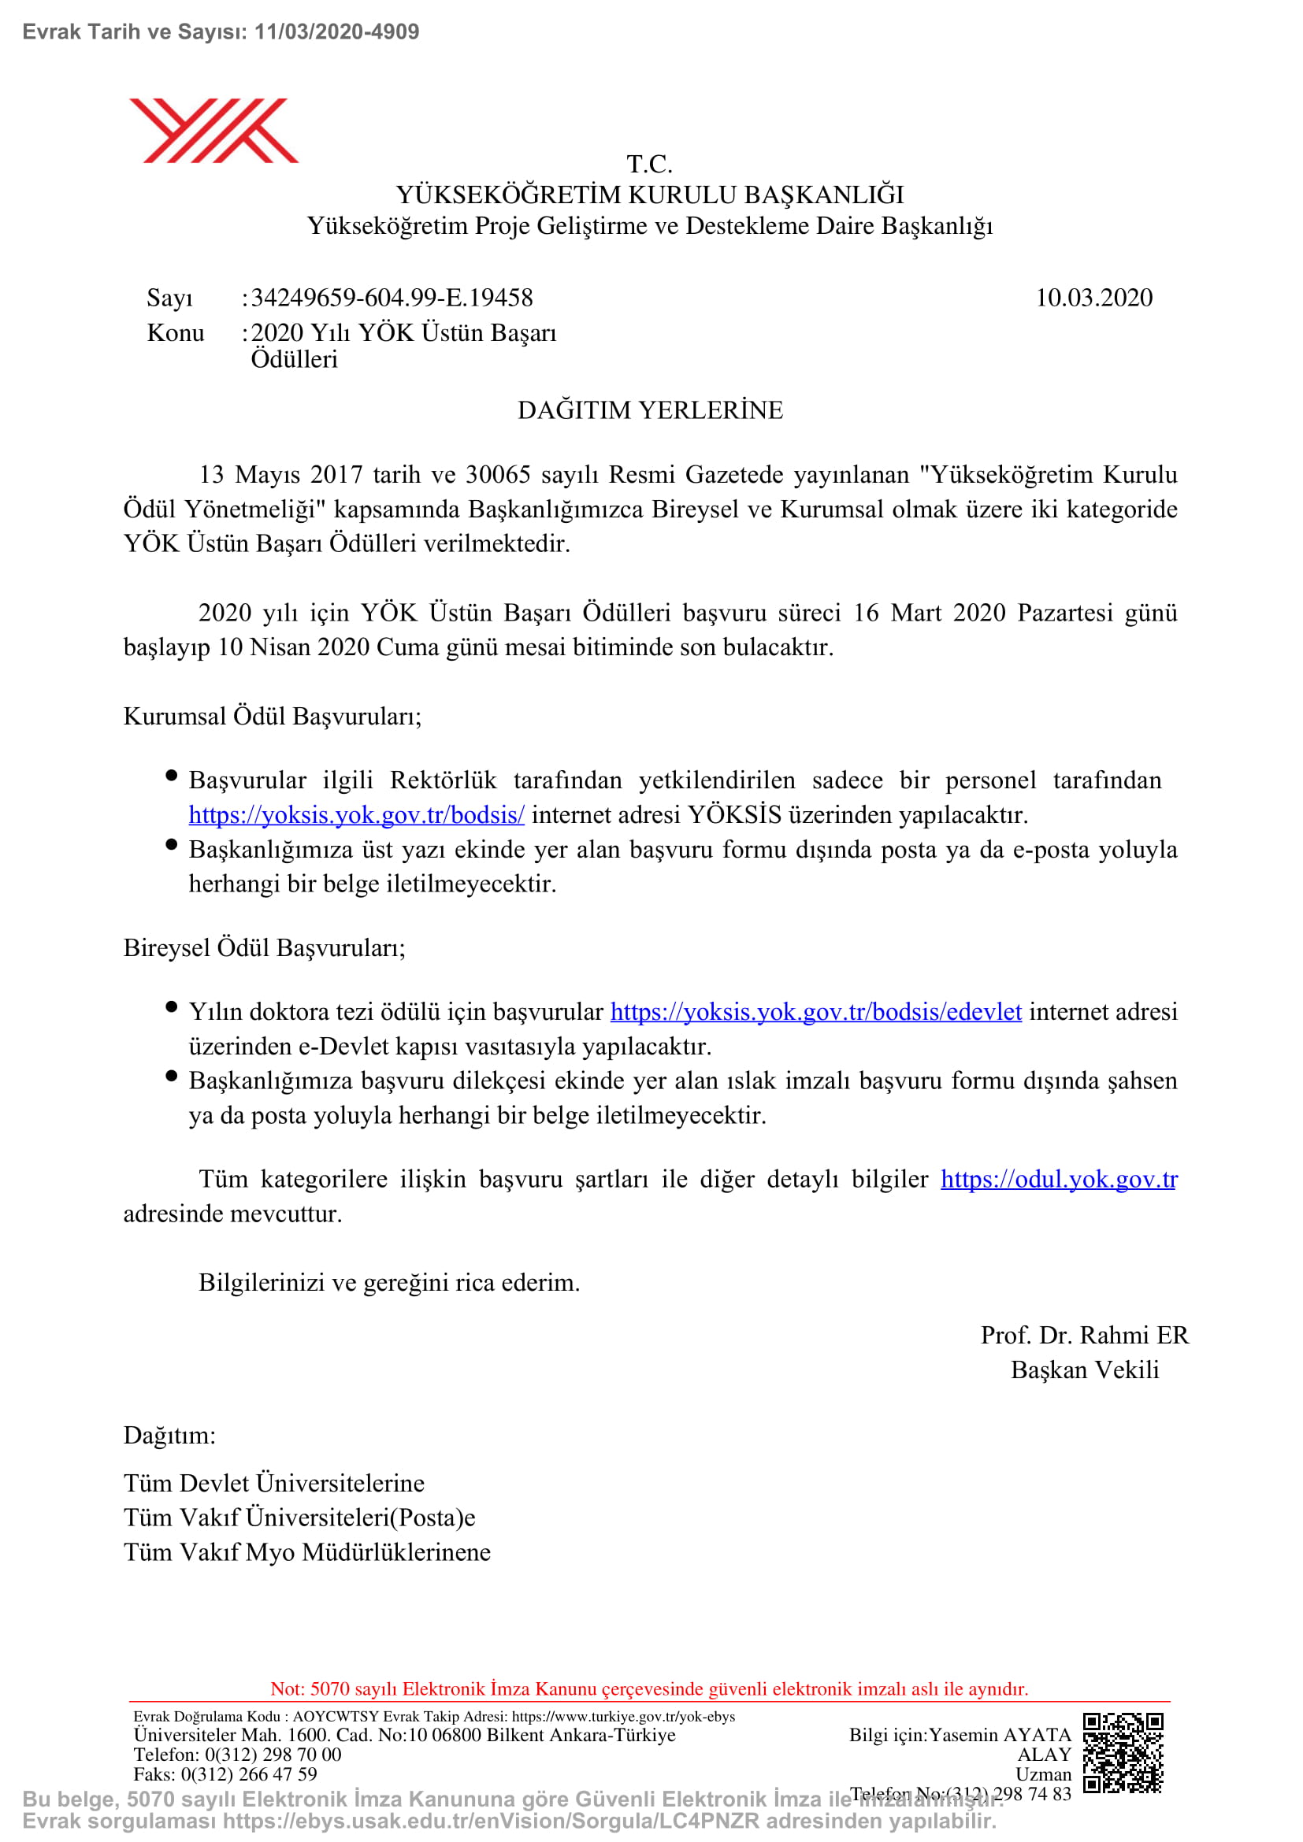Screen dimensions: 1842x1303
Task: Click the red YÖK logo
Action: pos(214,131)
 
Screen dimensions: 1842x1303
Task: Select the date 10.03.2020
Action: pos(1093,298)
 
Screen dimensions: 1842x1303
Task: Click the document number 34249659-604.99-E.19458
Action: pos(392,298)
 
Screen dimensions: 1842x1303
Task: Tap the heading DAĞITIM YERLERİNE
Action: pos(650,410)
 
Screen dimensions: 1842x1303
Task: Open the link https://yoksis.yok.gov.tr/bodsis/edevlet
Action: pos(816,1012)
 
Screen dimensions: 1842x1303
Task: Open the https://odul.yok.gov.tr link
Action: pos(1058,1179)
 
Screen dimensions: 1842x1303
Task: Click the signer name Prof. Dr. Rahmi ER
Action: pos(1084,1334)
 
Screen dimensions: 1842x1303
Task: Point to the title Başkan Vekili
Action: pos(1085,1369)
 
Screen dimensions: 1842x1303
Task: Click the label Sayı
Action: pos(170,298)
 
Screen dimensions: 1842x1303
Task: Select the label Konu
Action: pos(176,333)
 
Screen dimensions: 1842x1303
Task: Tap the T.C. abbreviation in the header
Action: pos(649,165)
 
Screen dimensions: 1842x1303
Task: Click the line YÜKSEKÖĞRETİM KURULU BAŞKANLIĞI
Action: pos(650,195)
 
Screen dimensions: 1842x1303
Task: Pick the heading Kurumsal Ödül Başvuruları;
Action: pos(273,716)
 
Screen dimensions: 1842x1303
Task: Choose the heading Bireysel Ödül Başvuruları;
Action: pos(265,947)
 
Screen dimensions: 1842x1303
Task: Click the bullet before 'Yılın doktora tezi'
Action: pos(171,1008)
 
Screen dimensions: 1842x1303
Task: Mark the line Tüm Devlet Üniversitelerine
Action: pos(274,1483)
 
